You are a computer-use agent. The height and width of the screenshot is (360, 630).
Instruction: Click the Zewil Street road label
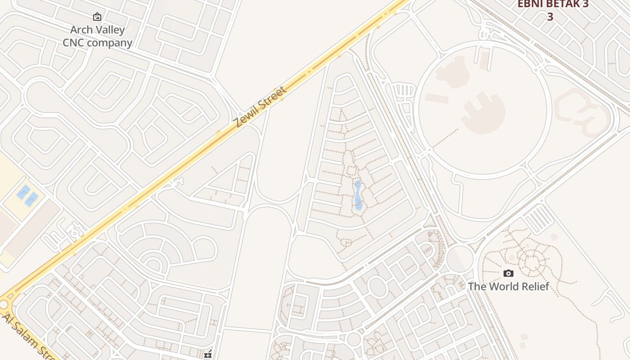point(260,107)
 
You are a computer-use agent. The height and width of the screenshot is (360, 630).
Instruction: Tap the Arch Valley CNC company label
point(97,36)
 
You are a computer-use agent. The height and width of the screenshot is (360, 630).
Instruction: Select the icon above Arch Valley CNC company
point(97,17)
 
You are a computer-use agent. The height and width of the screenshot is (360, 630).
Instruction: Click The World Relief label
point(508,287)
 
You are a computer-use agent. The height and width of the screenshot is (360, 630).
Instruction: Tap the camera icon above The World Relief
point(508,273)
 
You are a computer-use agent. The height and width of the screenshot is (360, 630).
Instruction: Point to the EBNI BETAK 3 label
point(553,4)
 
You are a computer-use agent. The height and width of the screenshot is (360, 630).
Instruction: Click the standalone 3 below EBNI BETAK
point(550,17)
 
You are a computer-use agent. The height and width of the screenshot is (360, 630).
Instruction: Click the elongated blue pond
point(358,195)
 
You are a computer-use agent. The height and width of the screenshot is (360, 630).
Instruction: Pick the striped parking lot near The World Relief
point(539,218)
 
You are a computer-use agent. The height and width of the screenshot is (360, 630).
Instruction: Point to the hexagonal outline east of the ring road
point(583,110)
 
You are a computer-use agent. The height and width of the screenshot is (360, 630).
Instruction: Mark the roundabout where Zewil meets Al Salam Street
point(4,305)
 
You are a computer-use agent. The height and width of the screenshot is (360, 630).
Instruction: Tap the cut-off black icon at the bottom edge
point(208,355)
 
